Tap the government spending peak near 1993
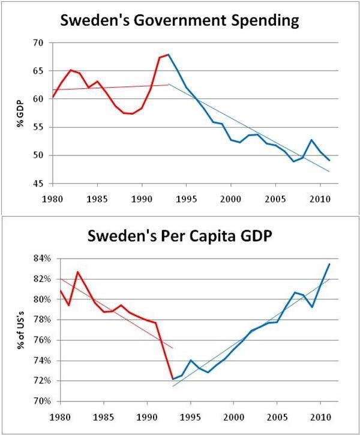point(169,55)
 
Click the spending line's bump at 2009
point(311,140)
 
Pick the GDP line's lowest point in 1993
point(173,379)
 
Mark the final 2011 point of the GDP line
point(329,264)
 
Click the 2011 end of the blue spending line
point(329,160)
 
